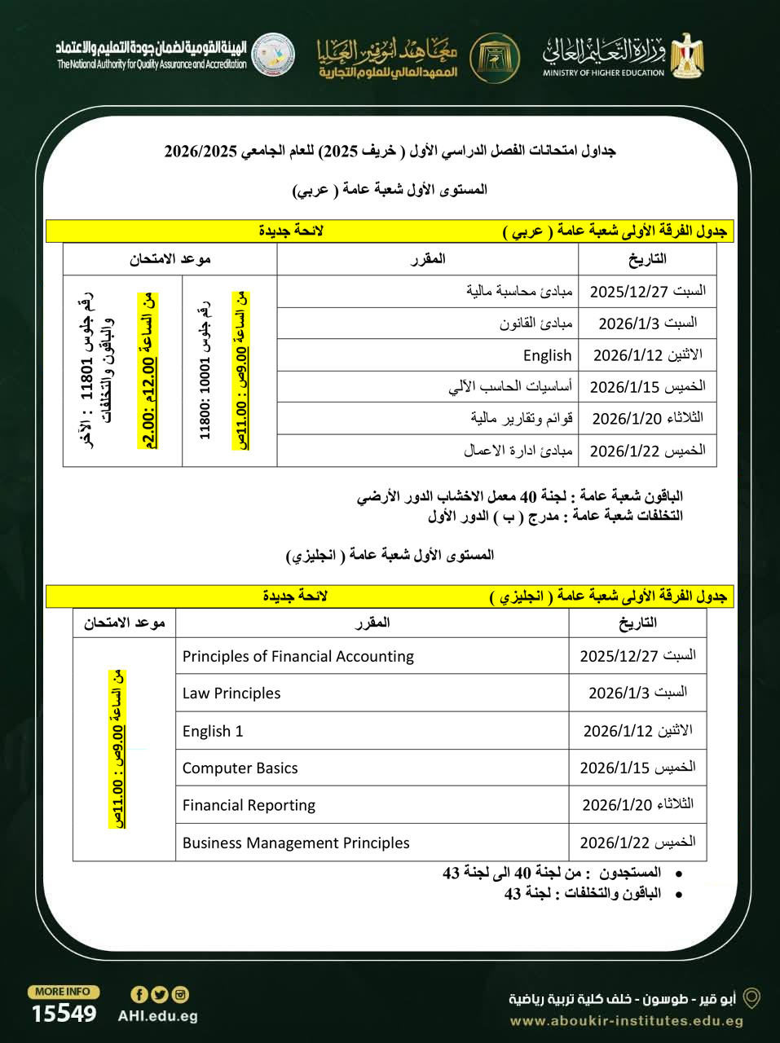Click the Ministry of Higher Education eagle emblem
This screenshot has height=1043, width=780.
pos(687,55)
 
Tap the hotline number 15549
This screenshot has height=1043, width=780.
pos(64,1014)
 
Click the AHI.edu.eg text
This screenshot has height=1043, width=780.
pos(157,1016)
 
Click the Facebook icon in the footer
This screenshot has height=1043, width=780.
pos(139,994)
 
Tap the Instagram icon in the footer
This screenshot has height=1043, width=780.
pos(180,994)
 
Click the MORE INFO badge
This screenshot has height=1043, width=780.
pos(64,992)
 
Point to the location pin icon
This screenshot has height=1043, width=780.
pos(751,998)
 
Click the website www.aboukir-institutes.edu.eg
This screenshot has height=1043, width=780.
pos(626,1021)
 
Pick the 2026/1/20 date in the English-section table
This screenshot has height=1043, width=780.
pos(637,805)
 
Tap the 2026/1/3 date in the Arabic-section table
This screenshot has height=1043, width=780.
pos(647,323)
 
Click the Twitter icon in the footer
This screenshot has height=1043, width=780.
pos(160,994)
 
